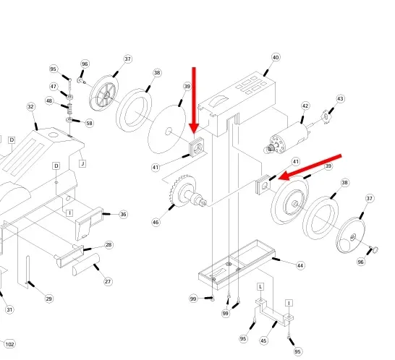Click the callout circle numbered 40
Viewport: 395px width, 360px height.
tap(276, 57)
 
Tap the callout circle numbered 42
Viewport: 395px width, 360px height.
tap(305, 106)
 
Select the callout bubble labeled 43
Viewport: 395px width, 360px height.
tap(340, 99)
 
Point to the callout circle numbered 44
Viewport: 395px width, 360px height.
tap(300, 265)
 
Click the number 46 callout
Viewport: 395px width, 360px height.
tap(156, 222)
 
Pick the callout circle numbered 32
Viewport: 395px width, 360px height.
tap(30, 107)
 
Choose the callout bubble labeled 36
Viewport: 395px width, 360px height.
tap(123, 214)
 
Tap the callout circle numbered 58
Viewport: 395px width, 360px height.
tap(90, 123)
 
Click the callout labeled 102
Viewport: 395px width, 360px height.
tap(9, 344)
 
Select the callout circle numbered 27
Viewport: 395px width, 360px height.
tap(108, 281)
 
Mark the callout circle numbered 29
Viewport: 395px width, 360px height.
tap(49, 299)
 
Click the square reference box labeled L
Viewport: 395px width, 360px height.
tap(260, 286)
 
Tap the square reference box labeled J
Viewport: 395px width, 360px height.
tap(82, 163)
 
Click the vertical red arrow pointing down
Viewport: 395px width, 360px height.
tap(194, 100)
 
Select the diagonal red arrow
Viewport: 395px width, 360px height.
tap(310, 167)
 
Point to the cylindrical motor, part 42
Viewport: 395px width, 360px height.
tap(289, 138)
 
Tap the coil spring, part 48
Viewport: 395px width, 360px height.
tap(70, 108)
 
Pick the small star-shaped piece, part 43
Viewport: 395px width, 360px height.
tap(326, 117)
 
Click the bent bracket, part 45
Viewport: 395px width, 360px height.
tap(274, 313)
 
